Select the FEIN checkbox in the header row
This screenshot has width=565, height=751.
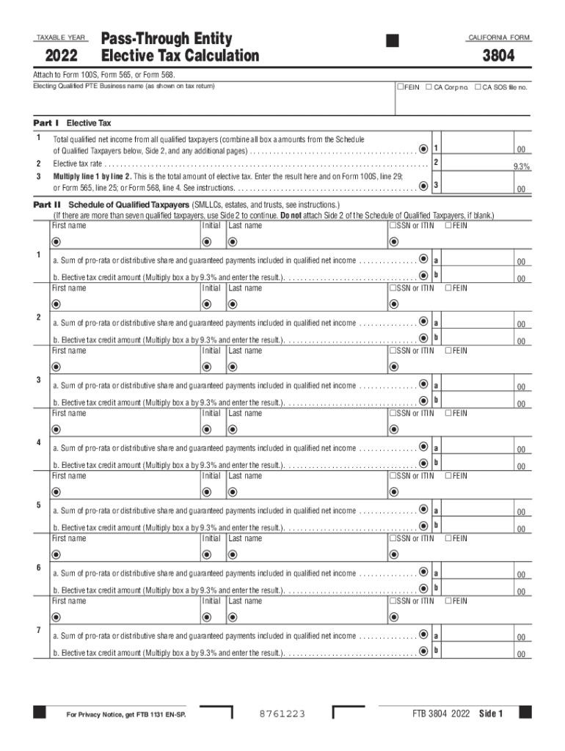(400, 87)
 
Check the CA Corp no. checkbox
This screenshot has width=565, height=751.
(429, 87)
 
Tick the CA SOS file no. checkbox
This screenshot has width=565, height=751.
(478, 87)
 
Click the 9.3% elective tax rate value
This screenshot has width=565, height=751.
(521, 166)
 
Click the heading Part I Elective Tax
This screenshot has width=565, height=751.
(73, 122)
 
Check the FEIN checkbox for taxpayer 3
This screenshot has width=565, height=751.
(448, 351)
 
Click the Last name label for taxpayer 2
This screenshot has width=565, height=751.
(245, 288)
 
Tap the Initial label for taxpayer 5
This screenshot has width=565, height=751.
(211, 476)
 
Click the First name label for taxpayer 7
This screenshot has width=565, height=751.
(69, 601)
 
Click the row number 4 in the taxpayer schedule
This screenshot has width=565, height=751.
(38, 442)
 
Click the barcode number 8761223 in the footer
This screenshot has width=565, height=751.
(282, 714)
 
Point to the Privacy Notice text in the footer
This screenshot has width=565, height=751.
(125, 714)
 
